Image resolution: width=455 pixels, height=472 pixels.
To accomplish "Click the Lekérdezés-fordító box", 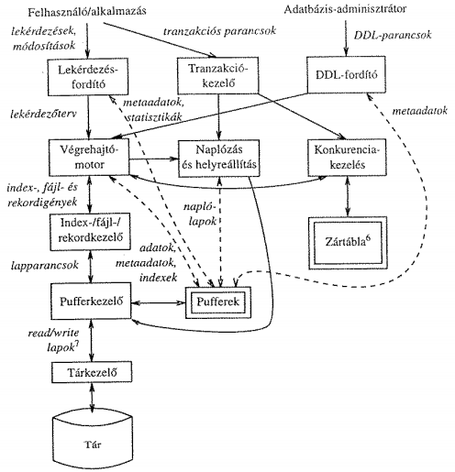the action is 88,77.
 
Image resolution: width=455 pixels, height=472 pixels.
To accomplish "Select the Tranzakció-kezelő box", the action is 218,75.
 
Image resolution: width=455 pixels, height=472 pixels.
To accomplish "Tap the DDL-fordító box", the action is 346,74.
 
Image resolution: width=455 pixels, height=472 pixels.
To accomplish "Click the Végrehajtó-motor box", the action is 89,157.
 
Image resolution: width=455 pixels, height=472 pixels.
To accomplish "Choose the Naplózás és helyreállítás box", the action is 219,158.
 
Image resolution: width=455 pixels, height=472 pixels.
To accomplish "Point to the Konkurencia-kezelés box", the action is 347,158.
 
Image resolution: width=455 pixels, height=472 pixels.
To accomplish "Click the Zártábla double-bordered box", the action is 348,243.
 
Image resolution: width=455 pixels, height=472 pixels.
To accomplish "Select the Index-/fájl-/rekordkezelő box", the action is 90,232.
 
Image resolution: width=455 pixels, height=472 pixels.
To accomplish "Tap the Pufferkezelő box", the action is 91,301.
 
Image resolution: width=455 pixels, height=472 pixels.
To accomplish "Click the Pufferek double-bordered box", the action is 218,302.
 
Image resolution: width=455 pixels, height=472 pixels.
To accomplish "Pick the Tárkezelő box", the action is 92,372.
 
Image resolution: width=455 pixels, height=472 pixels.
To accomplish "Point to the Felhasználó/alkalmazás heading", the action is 87,12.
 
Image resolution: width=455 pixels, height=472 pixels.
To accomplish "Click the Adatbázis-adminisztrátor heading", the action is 345,9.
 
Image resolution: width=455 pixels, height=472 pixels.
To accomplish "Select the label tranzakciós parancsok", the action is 219,31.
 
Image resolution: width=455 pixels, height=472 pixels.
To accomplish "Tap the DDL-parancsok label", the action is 393,35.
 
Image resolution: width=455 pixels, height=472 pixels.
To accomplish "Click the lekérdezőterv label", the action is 44,114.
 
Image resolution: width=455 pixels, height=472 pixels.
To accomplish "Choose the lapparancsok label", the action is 45,266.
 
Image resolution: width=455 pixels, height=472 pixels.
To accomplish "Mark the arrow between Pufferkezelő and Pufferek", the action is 159,302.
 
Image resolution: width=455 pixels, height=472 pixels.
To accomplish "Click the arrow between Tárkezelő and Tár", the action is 92,397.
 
